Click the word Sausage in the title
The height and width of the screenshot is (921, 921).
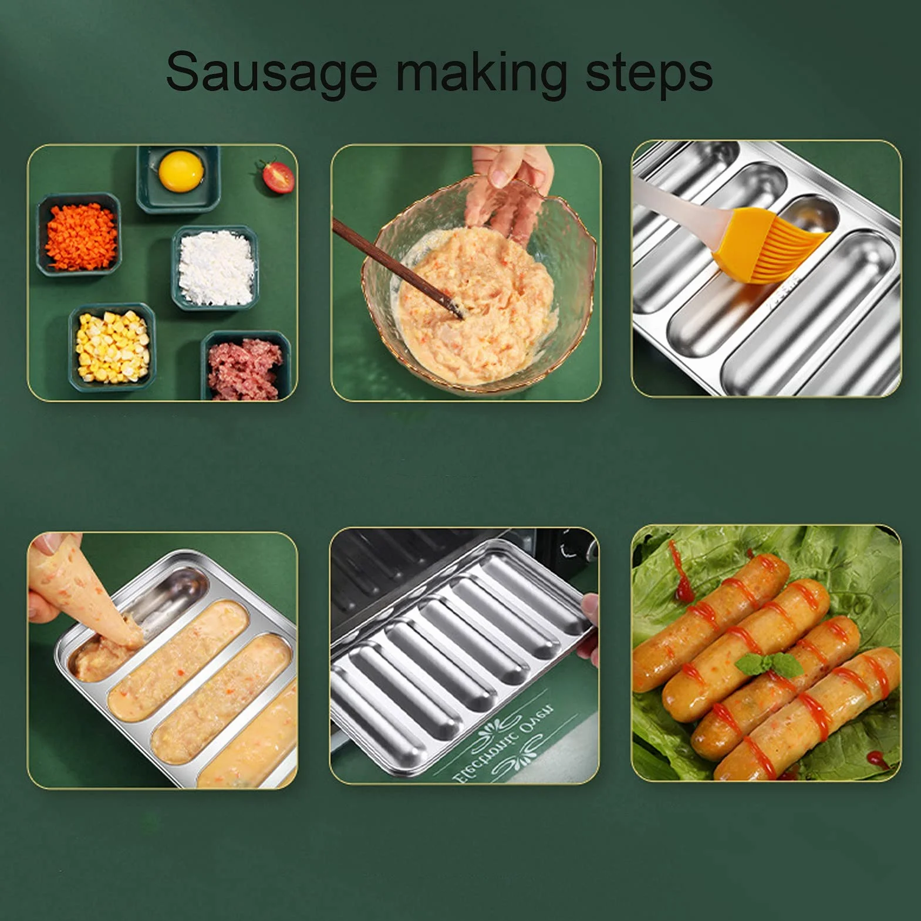coord(272,72)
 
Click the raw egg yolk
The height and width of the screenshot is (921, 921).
coord(181,170)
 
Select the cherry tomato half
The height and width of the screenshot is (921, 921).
coord(277,177)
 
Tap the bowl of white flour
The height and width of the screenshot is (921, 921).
coord(216,268)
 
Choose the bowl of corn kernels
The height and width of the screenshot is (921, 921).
coord(112,347)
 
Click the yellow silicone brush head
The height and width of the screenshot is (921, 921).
coord(770,245)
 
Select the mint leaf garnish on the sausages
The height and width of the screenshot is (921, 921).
coord(770,664)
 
